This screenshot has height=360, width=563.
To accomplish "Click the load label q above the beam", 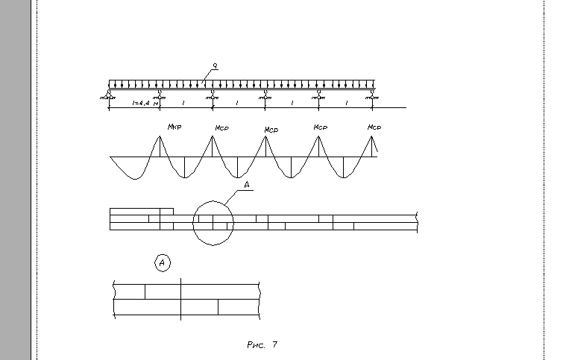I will click(x=214, y=68).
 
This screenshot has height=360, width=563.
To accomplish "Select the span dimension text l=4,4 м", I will click(x=144, y=102).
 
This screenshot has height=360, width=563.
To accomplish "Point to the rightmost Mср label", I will click(x=375, y=127).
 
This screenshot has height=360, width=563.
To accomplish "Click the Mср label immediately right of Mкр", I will click(x=221, y=128).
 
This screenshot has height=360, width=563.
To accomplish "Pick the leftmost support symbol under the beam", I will click(x=110, y=94).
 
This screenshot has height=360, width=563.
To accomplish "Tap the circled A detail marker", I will click(x=163, y=262).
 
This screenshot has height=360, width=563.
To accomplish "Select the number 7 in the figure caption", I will click(x=274, y=344).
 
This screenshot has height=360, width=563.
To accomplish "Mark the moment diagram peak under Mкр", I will click(x=160, y=136).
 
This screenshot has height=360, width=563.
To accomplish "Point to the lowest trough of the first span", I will click(x=134, y=179).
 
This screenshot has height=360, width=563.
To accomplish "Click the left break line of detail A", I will click(x=113, y=300).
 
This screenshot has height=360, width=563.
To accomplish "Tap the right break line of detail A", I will click(x=259, y=300).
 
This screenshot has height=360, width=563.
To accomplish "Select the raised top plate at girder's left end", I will click(x=142, y=211).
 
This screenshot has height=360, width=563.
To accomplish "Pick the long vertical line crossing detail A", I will click(x=180, y=300).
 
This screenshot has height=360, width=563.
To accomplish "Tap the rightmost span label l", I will click(x=347, y=102).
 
